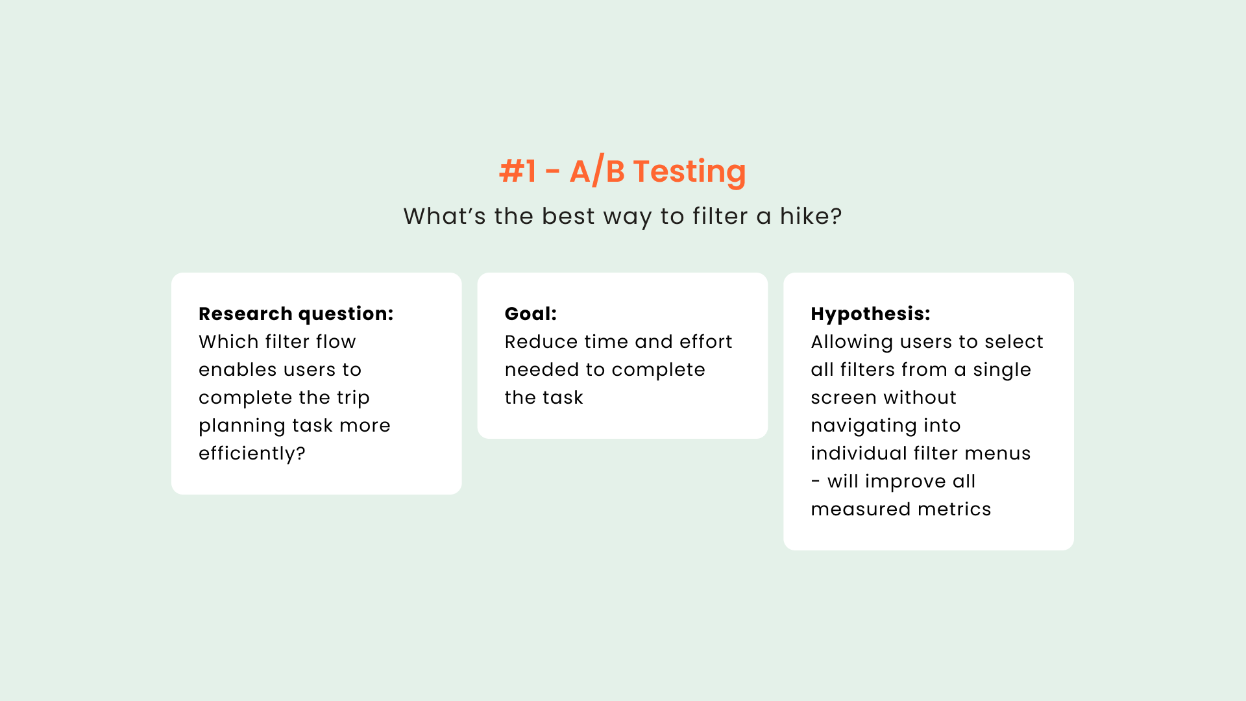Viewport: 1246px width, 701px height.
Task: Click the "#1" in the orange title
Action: point(518,171)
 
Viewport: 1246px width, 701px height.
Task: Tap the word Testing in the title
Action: point(690,172)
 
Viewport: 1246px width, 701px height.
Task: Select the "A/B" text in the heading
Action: point(597,171)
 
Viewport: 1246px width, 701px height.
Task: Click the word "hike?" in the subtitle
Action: point(811,216)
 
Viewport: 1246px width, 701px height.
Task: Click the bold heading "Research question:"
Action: point(296,314)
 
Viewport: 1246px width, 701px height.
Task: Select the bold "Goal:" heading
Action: point(531,314)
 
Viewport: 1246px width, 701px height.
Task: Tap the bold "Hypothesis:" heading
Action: point(870,314)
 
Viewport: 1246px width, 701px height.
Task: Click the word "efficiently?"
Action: point(252,453)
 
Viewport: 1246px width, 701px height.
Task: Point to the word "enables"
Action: point(238,369)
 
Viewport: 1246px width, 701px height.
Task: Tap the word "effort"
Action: point(705,341)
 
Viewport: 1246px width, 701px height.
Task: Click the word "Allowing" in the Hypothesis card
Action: point(852,342)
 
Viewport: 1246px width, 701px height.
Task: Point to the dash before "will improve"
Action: point(816,482)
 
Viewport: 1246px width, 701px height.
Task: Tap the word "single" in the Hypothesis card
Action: point(1002,370)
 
